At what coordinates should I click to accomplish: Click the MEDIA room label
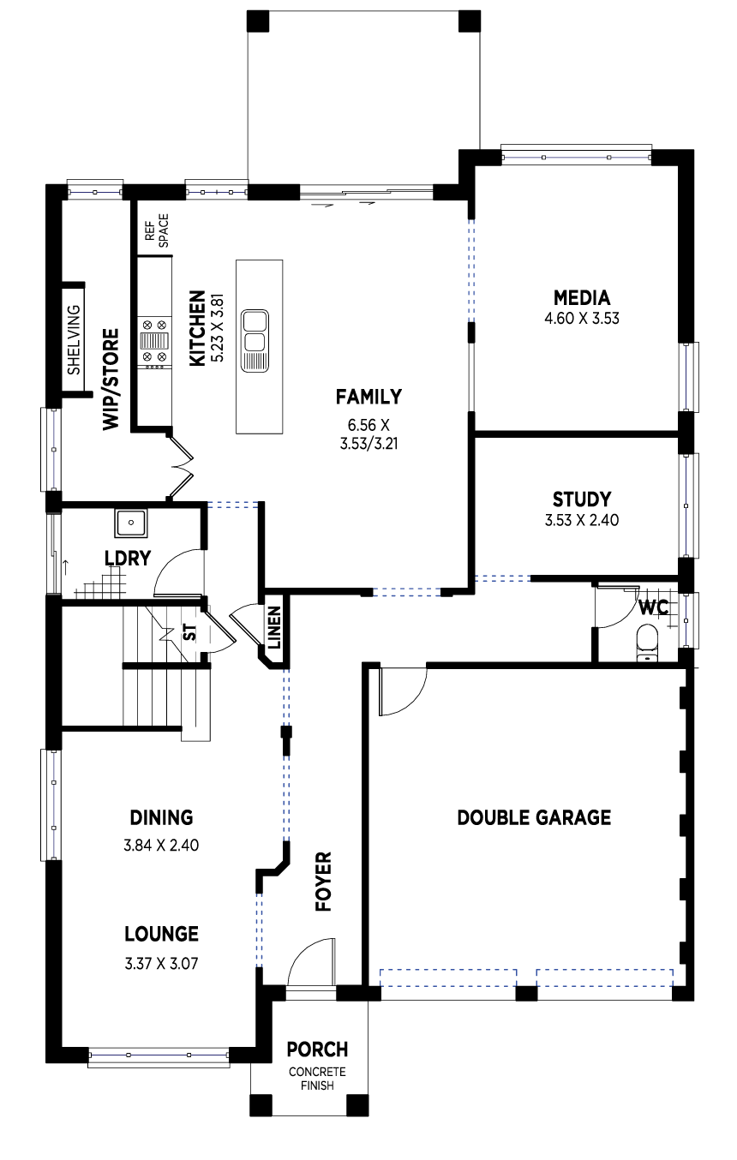582,298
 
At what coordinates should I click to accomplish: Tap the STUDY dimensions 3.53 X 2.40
582,520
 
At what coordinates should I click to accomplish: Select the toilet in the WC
646,643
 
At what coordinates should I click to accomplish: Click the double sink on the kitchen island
255,340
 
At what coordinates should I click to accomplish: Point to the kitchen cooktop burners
154,341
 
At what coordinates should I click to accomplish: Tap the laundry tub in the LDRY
131,523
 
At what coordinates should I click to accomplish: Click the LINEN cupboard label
274,628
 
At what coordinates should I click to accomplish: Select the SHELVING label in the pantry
74,340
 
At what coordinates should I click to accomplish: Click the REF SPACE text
157,230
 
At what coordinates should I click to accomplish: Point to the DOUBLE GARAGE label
534,817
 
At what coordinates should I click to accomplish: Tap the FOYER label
324,882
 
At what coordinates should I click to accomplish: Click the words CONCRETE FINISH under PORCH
317,1079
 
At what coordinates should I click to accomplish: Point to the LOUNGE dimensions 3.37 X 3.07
161,964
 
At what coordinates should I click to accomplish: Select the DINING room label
161,817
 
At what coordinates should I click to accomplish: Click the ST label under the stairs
190,632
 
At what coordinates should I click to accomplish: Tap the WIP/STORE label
111,380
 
